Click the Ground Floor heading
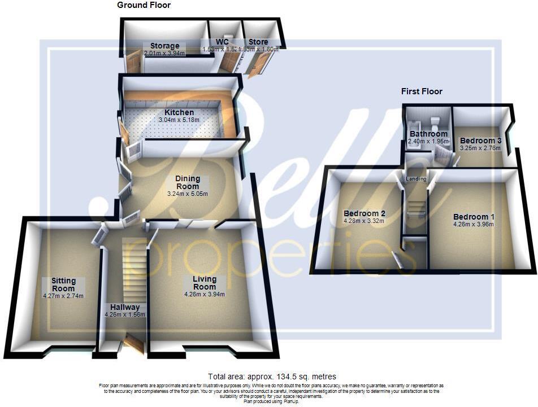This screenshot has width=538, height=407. (x=144, y=5)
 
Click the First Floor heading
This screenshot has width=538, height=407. (x=422, y=91)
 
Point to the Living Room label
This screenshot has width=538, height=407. (x=204, y=283)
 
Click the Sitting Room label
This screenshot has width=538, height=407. (x=63, y=285)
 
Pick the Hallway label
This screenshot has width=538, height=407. (x=125, y=307)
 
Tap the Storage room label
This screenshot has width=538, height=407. (x=164, y=46)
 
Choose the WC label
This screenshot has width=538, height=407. (x=222, y=42)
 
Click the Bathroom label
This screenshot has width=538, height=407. (x=428, y=134)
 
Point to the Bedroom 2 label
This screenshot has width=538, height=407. (x=365, y=213)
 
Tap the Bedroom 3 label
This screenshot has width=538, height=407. (x=480, y=141)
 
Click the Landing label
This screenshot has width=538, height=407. (x=415, y=180)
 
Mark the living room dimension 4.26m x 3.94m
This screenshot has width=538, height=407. (x=204, y=294)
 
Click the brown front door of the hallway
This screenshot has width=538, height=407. (x=134, y=343)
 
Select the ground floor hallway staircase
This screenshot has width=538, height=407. (x=134, y=271)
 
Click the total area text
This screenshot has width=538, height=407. (x=272, y=377)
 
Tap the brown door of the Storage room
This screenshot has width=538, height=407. (x=134, y=62)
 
